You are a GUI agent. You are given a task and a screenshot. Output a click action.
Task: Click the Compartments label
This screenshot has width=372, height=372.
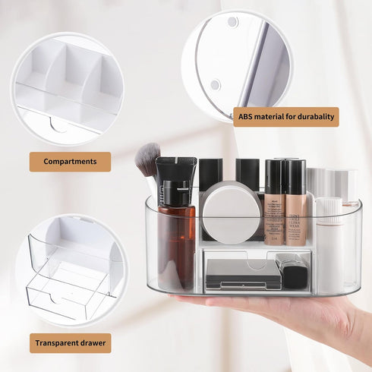(70, 162)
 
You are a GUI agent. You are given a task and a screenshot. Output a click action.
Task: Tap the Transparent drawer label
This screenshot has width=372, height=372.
(71, 343)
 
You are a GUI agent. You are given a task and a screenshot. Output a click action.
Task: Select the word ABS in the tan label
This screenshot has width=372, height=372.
(245, 117)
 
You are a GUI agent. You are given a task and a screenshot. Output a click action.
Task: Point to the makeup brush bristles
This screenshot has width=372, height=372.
(147, 159)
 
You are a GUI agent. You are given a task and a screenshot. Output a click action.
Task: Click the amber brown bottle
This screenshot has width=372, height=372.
(176, 235)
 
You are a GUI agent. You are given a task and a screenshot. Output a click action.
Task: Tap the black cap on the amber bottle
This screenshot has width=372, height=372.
(176, 193)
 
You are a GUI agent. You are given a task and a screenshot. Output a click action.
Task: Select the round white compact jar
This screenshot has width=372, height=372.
(232, 214)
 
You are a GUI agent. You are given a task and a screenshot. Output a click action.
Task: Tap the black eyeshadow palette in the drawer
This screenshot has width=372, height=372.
(244, 274)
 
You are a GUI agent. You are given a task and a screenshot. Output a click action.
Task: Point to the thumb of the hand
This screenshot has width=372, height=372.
(192, 298)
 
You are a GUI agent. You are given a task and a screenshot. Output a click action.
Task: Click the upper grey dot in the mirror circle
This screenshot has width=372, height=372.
(232, 22)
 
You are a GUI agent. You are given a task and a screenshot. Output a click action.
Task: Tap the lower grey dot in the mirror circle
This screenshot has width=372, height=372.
(216, 85)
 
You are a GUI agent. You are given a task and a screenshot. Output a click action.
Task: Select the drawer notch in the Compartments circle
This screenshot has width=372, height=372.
(58, 125)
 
